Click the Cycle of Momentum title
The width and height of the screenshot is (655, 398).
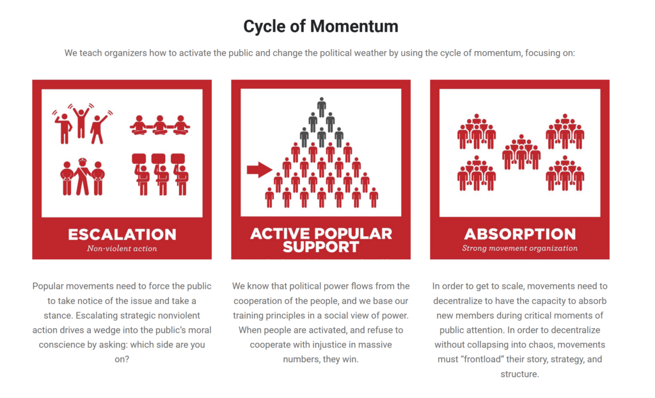321,26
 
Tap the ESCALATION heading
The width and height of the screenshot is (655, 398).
122,235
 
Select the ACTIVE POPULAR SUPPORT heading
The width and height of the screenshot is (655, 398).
321,240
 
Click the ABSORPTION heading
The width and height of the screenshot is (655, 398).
519,234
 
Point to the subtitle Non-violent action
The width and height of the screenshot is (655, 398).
122,248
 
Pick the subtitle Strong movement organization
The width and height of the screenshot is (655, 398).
519,248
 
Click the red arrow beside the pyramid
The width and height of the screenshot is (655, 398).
260,170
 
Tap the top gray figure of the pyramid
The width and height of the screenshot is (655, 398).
321,107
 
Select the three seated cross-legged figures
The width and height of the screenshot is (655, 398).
160,125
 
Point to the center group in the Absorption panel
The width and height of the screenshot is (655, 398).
521,152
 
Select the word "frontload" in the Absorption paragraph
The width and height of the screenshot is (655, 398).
482,360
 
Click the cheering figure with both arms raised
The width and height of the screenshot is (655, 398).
81,121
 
